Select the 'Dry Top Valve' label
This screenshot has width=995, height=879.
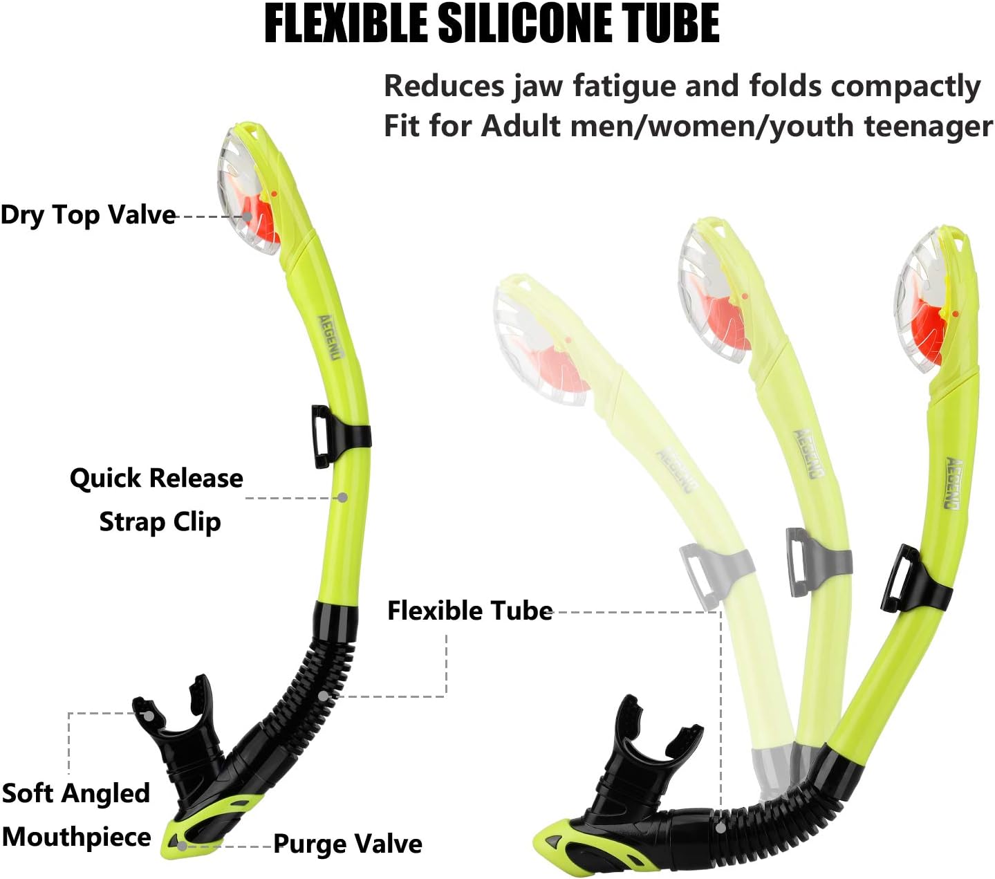(x=88, y=215)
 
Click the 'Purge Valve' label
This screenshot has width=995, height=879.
(x=348, y=844)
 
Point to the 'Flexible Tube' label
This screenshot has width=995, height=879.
(x=469, y=611)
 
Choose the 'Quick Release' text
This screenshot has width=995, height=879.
(x=156, y=478)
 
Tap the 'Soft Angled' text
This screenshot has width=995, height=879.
(x=76, y=793)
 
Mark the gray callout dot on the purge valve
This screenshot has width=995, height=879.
(x=181, y=844)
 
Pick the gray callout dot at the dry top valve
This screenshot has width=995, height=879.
(x=247, y=216)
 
